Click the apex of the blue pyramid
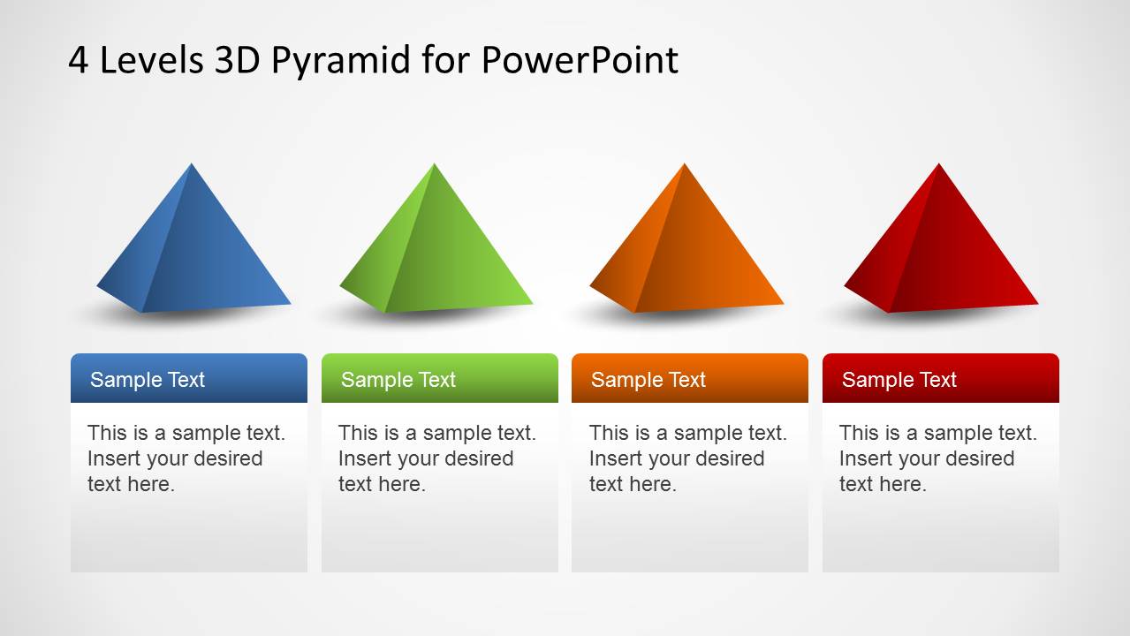click(191, 163)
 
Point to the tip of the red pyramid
click(939, 163)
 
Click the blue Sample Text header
click(189, 378)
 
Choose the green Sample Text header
click(440, 378)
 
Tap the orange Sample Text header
click(690, 378)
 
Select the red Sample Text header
click(941, 378)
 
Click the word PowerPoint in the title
click(580, 60)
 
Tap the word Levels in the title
click(152, 60)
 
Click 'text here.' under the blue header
click(131, 484)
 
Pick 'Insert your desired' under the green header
click(426, 459)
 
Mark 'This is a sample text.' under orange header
click(688, 433)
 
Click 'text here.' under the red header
click(883, 484)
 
